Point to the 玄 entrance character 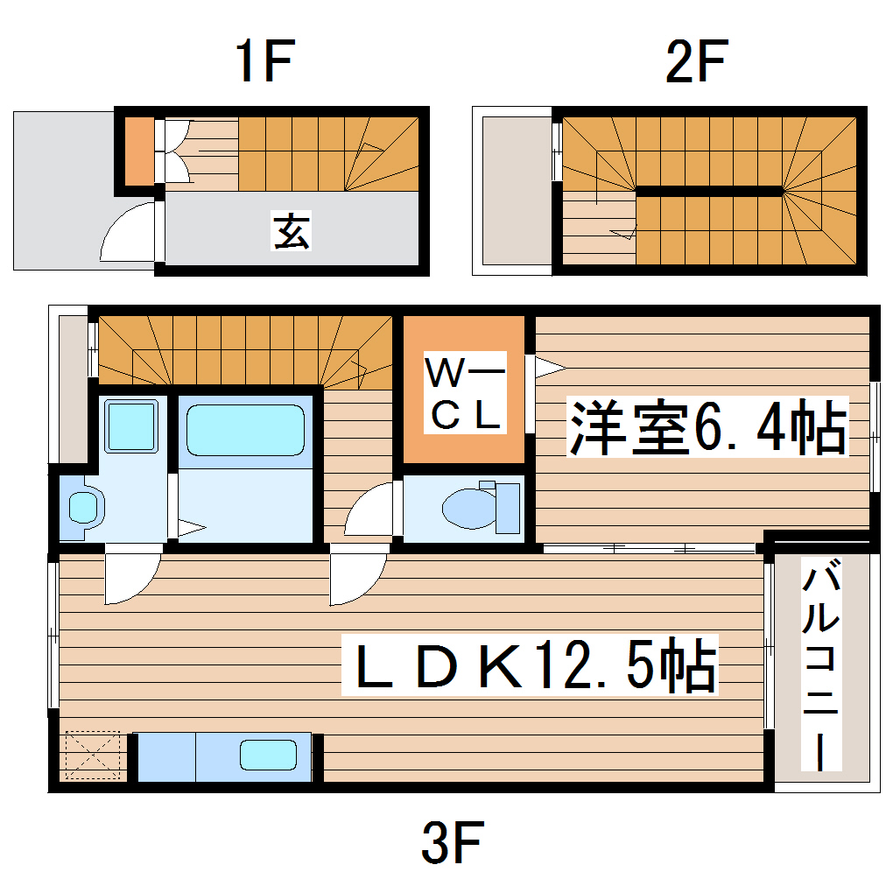pyautogui.click(x=292, y=231)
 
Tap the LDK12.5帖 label pyautogui.click(x=530, y=665)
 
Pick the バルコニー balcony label pyautogui.click(x=822, y=669)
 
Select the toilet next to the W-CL pyautogui.click(x=481, y=508)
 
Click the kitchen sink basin pyautogui.click(x=269, y=754)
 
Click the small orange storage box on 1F pyautogui.click(x=138, y=150)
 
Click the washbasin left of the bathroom pyautogui.click(x=84, y=506)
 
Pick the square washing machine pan pyautogui.click(x=131, y=425)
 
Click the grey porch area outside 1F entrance pyautogui.click(x=61, y=188)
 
